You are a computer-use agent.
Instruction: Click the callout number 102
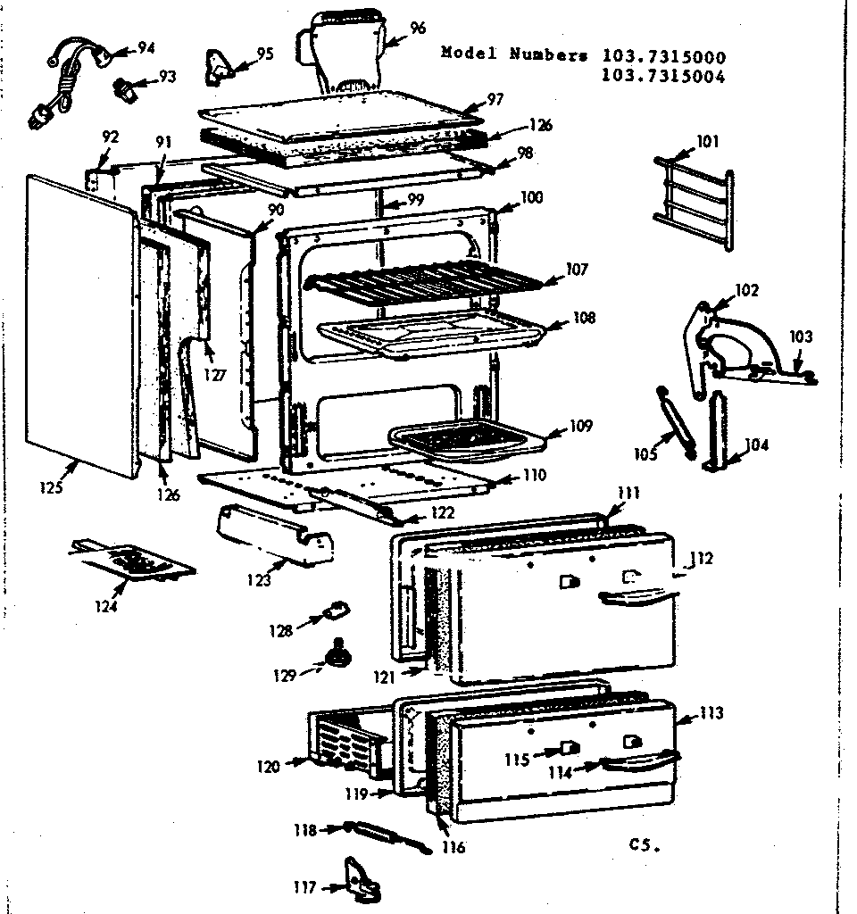[746, 290]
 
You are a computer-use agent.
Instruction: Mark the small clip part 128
[335, 611]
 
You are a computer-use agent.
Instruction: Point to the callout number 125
[52, 487]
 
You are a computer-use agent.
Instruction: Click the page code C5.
[643, 844]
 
